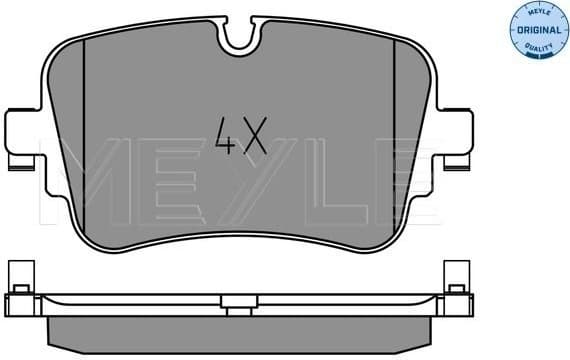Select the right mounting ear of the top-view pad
click(458, 135)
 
